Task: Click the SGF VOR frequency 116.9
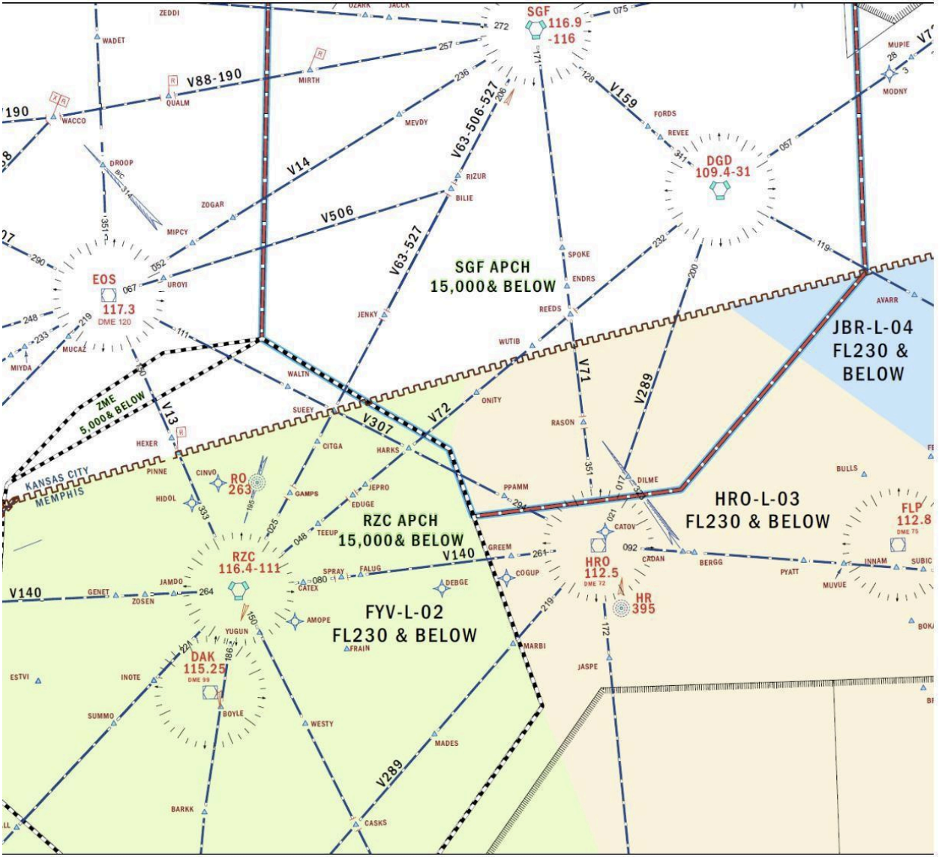click(564, 23)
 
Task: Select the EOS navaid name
click(104, 280)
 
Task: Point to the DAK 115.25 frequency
click(205, 669)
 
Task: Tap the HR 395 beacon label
click(643, 603)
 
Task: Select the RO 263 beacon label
click(239, 485)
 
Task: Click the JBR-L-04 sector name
click(873, 328)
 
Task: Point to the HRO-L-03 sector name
click(757, 499)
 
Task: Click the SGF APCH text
click(492, 267)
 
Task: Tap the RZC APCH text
click(400, 521)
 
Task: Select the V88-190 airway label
click(214, 78)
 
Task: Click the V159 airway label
click(623, 97)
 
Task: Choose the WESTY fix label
click(322, 724)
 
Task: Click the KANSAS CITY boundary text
click(57, 480)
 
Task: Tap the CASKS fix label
click(375, 822)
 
